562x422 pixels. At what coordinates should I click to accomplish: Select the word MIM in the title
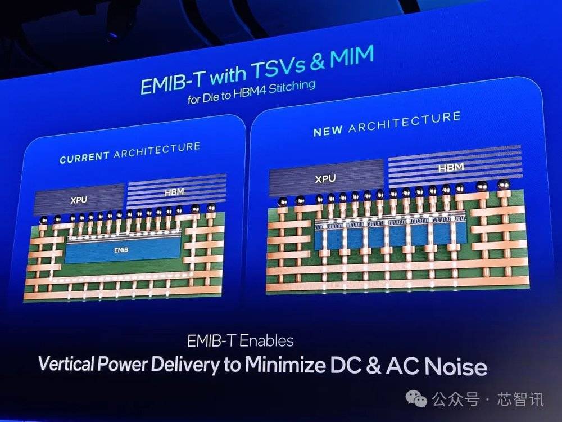[352, 57]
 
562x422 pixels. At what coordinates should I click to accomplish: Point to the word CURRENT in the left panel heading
[85, 158]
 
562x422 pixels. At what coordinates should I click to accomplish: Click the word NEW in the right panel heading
[328, 131]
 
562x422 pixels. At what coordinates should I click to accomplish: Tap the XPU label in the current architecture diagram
[79, 200]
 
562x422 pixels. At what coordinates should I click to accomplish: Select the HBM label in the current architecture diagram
[174, 192]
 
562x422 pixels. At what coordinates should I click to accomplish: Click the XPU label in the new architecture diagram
[325, 178]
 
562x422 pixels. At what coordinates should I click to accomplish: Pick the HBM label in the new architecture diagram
[451, 167]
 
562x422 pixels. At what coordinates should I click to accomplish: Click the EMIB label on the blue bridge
[121, 250]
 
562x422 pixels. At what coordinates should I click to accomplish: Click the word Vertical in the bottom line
[66, 363]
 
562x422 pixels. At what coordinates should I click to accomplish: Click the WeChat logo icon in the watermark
[416, 398]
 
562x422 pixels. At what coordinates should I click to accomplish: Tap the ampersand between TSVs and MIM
[318, 62]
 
